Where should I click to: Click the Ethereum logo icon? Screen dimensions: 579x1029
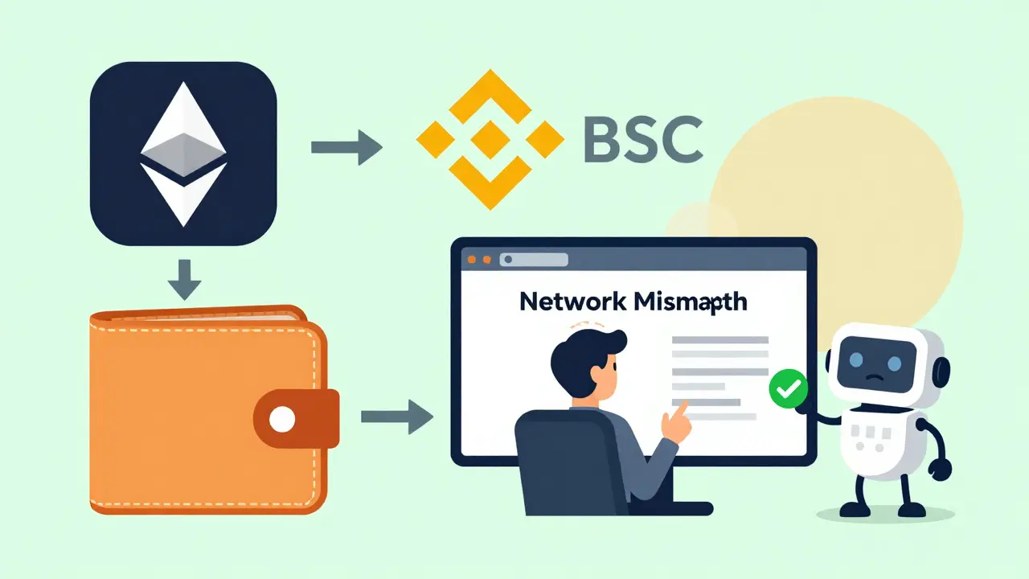pos(183,154)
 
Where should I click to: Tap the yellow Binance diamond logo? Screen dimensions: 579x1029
pos(490,139)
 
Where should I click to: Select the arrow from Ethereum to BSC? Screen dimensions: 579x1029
pos(346,146)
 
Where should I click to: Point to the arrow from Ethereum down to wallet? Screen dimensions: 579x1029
pos(184,278)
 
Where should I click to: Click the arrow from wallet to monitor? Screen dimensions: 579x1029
pos(396,417)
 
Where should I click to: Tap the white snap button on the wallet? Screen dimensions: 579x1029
pos(281,418)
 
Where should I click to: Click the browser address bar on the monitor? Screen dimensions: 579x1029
pos(535,260)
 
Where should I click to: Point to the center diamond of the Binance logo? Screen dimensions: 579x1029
pos(490,139)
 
